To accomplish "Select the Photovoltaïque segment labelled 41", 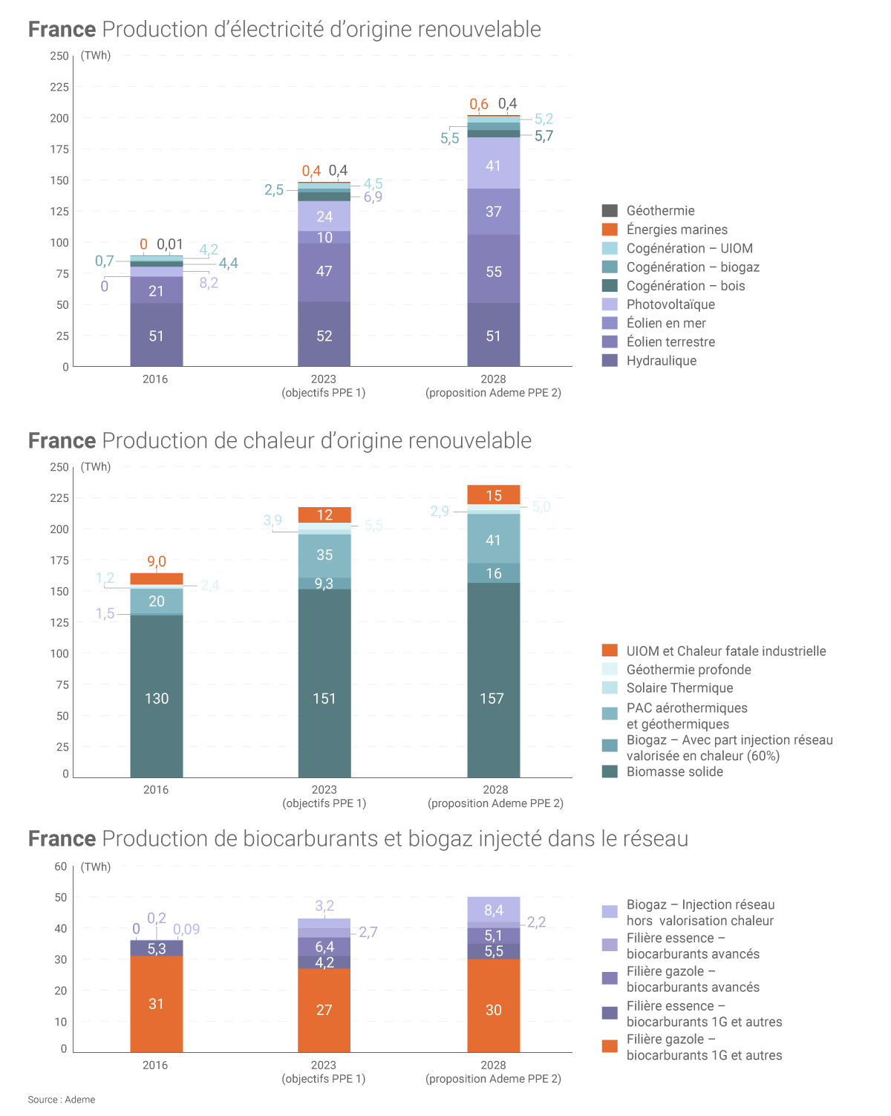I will tap(494, 166).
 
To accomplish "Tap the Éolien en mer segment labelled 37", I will tap(494, 212).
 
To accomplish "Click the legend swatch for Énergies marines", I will tap(610, 229).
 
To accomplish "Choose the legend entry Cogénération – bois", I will tap(685, 286).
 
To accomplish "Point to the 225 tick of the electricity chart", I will tap(59, 87).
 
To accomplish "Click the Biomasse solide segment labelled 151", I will tap(324, 699).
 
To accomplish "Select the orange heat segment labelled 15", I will tap(494, 495).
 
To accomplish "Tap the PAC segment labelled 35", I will tap(324, 555).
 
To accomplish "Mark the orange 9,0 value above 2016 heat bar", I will tap(157, 561).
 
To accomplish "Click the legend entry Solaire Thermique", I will tap(679, 688).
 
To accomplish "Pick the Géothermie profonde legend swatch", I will tap(610, 669).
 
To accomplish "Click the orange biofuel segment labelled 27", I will tap(324, 1010).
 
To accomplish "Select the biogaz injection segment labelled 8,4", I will tap(494, 910).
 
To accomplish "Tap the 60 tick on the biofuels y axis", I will tap(61, 867).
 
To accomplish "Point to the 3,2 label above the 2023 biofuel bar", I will tap(324, 906).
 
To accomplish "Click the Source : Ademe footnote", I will tap(62, 1100).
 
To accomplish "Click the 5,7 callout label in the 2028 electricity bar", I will tap(544, 136).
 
